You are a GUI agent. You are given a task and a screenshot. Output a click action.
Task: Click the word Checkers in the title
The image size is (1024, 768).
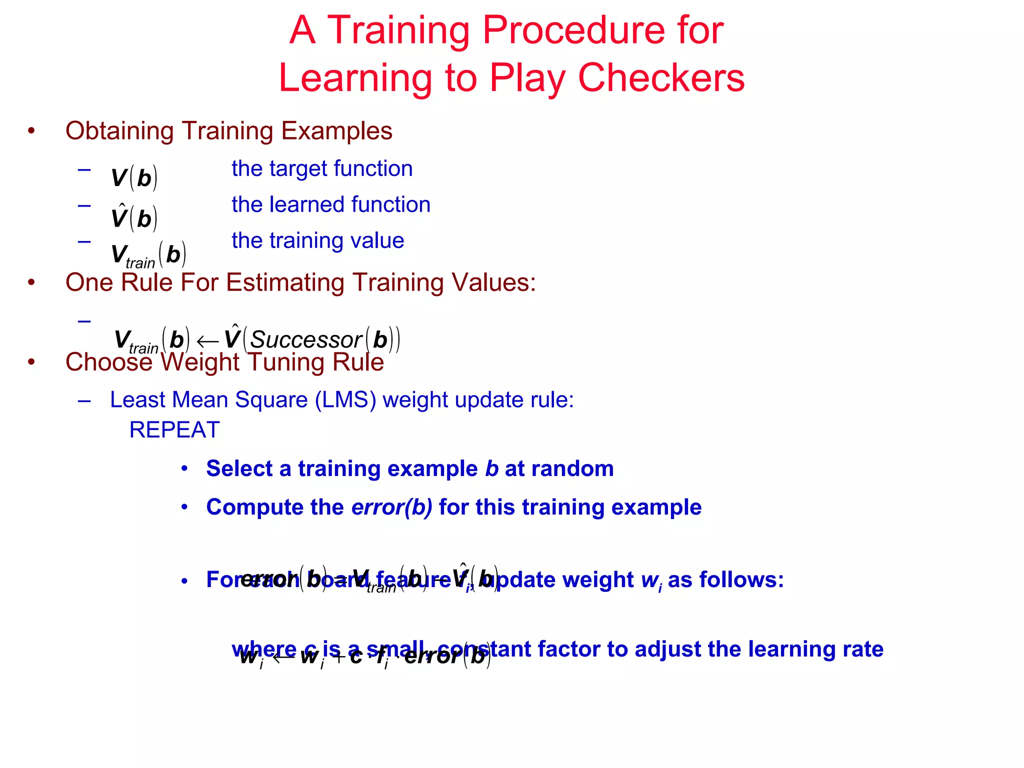(x=661, y=78)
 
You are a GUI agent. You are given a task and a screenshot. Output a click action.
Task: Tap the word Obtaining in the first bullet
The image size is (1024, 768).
(x=119, y=131)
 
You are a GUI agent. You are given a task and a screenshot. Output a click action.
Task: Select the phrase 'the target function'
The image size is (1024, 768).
(x=322, y=168)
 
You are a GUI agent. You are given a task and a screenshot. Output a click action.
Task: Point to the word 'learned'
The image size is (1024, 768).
(x=306, y=204)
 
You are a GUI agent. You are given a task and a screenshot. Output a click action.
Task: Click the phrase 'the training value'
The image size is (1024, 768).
(x=317, y=240)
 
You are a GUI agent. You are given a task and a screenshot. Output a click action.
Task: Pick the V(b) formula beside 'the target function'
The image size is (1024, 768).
(x=134, y=178)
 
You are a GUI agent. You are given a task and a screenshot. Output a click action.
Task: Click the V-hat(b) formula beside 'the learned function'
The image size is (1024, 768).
(x=134, y=217)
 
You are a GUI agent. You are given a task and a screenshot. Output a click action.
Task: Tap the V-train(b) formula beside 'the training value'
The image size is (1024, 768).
(x=148, y=255)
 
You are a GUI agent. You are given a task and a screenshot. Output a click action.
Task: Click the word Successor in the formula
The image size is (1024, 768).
(x=306, y=340)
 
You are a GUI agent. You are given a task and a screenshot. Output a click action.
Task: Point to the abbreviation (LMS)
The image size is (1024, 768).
(x=345, y=400)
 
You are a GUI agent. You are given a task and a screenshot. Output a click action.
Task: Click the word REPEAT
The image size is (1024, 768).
(x=174, y=430)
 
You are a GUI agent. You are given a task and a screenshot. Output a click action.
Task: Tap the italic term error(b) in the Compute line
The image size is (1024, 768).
(x=391, y=507)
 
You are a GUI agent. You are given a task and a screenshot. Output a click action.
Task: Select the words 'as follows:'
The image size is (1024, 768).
(x=725, y=580)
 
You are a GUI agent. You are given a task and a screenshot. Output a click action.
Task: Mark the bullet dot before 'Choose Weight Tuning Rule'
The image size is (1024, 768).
(x=31, y=362)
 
